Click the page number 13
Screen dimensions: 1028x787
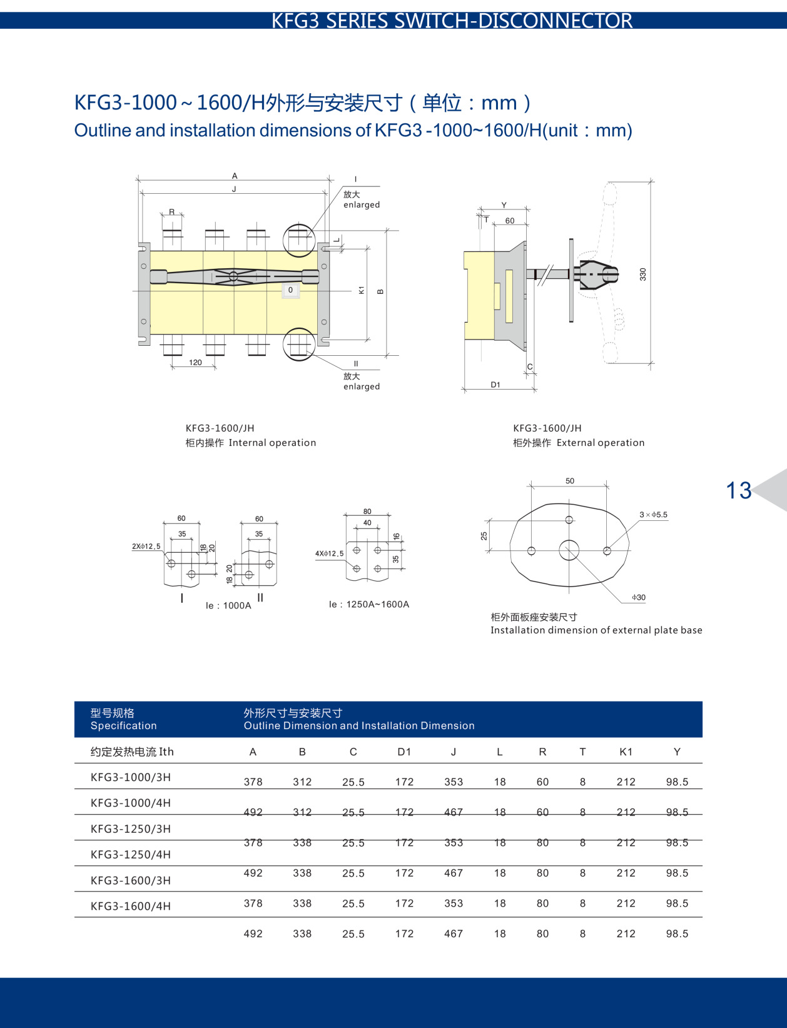coord(738,490)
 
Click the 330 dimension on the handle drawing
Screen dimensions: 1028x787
coord(642,274)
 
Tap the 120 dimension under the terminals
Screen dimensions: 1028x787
coord(195,363)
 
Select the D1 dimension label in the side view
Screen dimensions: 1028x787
coord(495,385)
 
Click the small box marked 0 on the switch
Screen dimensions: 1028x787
coord(290,290)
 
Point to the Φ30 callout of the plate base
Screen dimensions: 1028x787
coord(638,598)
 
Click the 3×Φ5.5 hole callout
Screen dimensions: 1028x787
coord(653,515)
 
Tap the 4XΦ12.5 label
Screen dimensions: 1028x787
coord(329,553)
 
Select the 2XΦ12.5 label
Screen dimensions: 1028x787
coord(146,546)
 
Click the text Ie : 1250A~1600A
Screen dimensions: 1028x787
coord(369,604)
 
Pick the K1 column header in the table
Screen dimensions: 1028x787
coord(626,752)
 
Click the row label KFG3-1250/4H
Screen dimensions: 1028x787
coord(131,854)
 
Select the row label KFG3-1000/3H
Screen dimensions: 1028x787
coord(131,777)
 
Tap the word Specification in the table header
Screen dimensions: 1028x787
coord(123,725)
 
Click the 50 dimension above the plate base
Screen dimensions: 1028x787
coord(569,481)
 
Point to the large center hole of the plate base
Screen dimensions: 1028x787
coord(569,551)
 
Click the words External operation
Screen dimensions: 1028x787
coord(600,443)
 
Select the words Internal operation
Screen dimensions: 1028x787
coord(272,443)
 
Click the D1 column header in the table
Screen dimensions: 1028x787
coord(404,752)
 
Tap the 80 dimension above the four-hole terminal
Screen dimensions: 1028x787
coord(367,511)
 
